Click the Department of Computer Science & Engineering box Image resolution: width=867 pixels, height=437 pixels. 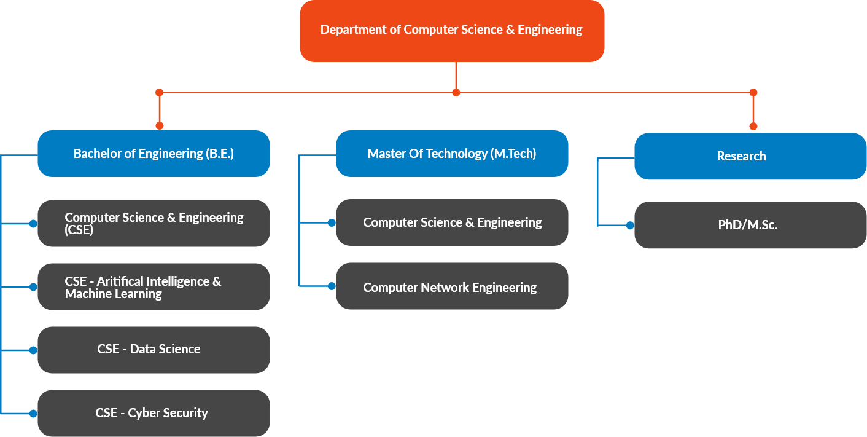pos(452,30)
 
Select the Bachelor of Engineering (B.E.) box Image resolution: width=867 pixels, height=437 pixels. pos(154,154)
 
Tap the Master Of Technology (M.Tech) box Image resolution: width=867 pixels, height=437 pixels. pos(452,154)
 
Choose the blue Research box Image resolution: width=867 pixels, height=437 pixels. pos(750,156)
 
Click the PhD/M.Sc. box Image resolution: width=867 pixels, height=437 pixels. pos(750,225)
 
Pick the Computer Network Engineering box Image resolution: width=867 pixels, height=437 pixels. pos(452,286)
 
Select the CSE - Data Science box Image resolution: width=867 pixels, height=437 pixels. pos(154,350)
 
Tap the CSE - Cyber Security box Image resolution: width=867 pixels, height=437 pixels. pos(154,413)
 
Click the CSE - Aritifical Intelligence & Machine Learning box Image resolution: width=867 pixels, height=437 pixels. pos(154,287)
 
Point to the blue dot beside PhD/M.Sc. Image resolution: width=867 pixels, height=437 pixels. pos(630,226)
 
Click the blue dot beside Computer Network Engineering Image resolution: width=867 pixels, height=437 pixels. pos(332,286)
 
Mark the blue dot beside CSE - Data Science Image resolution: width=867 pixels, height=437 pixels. pos(33,350)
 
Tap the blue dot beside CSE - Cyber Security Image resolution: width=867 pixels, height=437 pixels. pos(33,412)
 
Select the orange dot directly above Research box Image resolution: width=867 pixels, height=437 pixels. pos(753,126)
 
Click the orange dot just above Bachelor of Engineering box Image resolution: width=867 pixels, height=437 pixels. pos(160,125)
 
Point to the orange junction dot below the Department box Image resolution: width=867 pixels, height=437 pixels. pos(456,93)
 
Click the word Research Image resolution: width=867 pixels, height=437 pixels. pos(741,156)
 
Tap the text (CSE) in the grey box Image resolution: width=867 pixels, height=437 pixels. pos(79,230)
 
